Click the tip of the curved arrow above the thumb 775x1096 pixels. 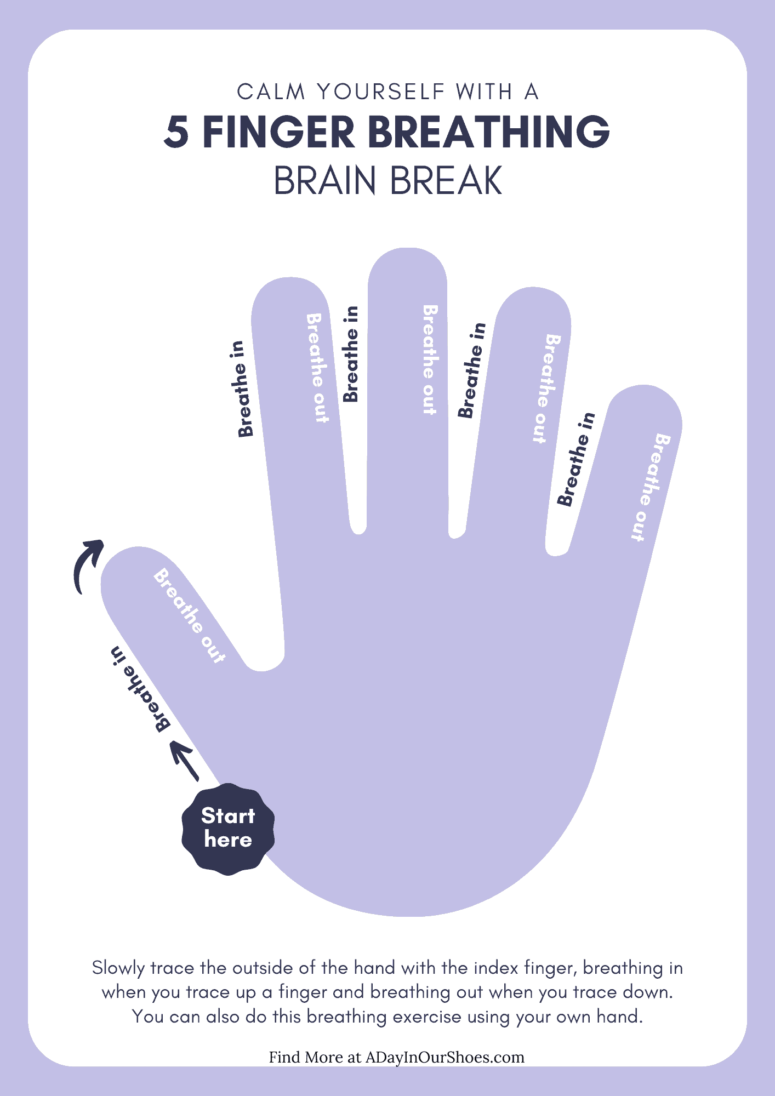pyautogui.click(x=102, y=541)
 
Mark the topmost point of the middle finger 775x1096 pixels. pyautogui.click(x=407, y=248)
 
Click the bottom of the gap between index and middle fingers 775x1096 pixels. pyautogui.click(x=358, y=534)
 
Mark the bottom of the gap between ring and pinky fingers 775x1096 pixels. pyautogui.click(x=556, y=556)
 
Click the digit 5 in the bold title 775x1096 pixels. pyautogui.click(x=176, y=132)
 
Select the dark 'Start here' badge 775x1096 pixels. pyautogui.click(x=228, y=829)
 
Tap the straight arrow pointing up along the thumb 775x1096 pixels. pyautogui.click(x=185, y=761)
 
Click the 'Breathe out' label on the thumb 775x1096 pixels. pyautogui.click(x=190, y=616)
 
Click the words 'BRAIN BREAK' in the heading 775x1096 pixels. pyautogui.click(x=388, y=181)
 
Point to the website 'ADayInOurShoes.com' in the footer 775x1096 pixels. pyautogui.click(x=445, y=1057)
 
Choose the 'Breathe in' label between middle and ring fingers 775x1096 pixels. pyautogui.click(x=472, y=370)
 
